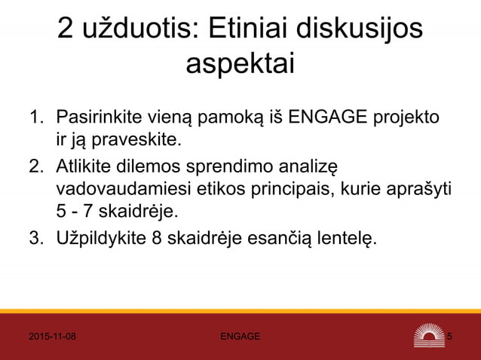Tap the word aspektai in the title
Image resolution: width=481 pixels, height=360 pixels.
(x=240, y=65)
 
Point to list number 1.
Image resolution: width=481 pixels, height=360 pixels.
(x=35, y=117)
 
